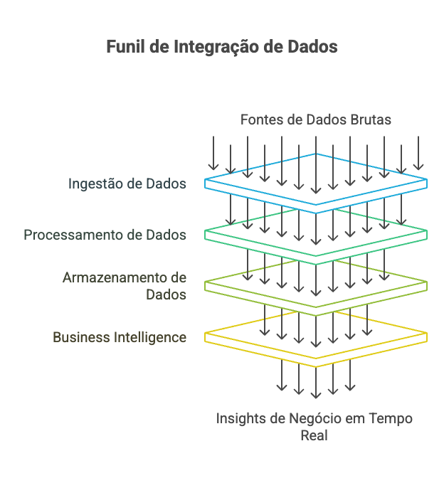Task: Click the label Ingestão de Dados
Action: pos(127,184)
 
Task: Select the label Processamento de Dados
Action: pos(105,235)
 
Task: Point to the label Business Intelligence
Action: pos(120,337)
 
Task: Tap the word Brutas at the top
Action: pos(371,119)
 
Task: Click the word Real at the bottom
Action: pos(314,435)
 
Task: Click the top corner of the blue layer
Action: pos(316,154)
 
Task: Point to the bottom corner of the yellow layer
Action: pos(316,366)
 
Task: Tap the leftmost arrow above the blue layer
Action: pos(213,153)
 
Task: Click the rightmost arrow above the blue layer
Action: pos(419,153)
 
